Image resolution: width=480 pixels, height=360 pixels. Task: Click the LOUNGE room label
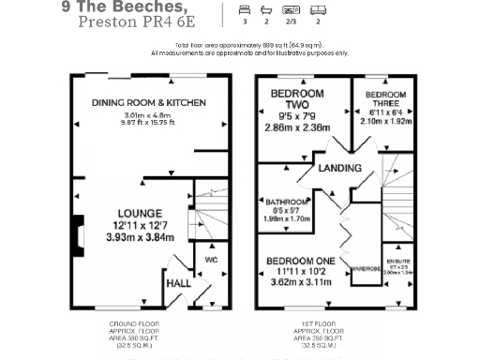tap(138, 213)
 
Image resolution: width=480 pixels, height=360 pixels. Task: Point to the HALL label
tap(179, 281)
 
